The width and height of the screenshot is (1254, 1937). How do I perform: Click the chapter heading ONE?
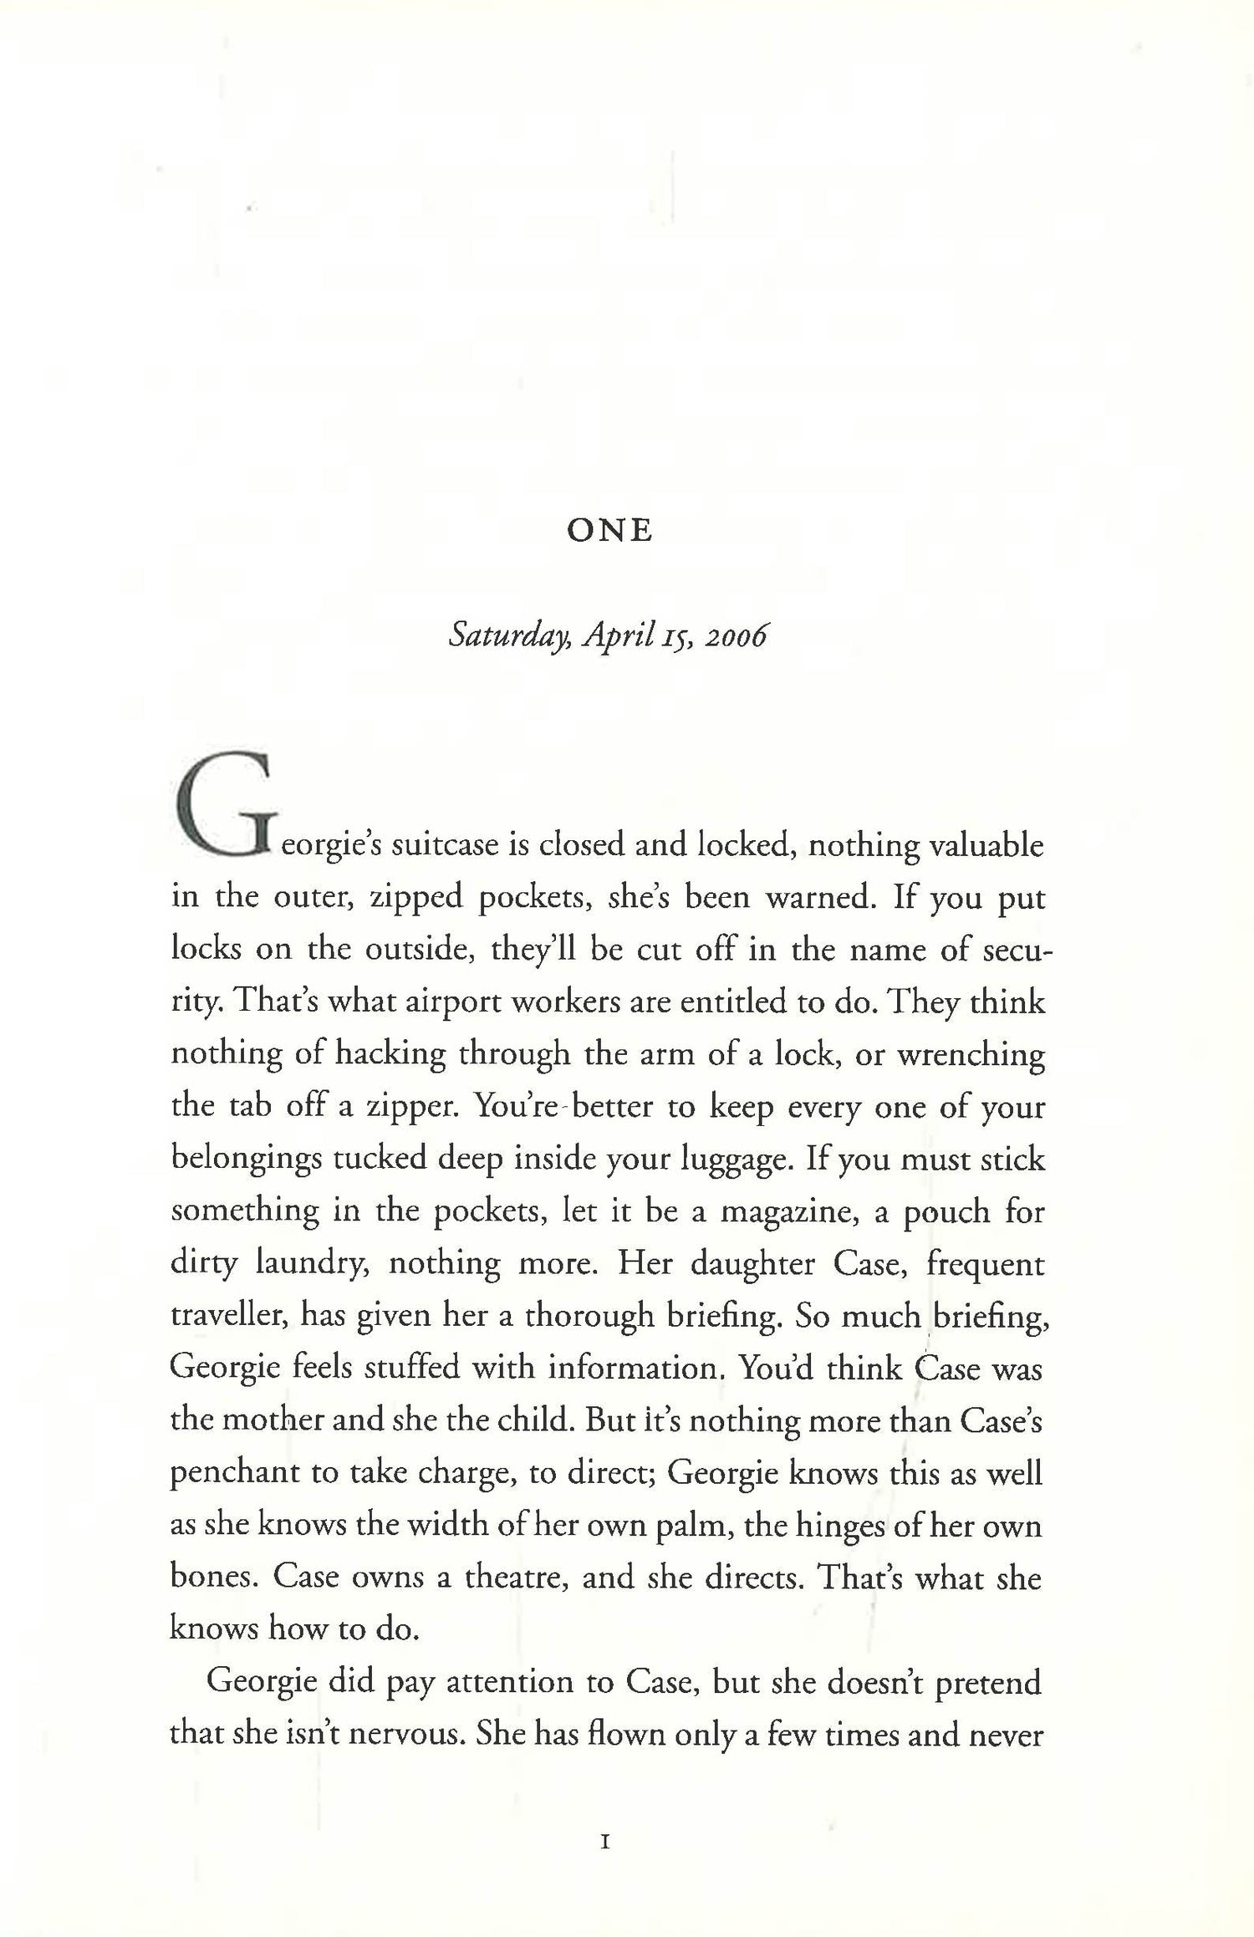point(609,532)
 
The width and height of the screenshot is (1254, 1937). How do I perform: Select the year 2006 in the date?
point(736,637)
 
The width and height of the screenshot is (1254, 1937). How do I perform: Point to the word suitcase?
point(445,846)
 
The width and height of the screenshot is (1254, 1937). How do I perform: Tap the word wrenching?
point(971,1056)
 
